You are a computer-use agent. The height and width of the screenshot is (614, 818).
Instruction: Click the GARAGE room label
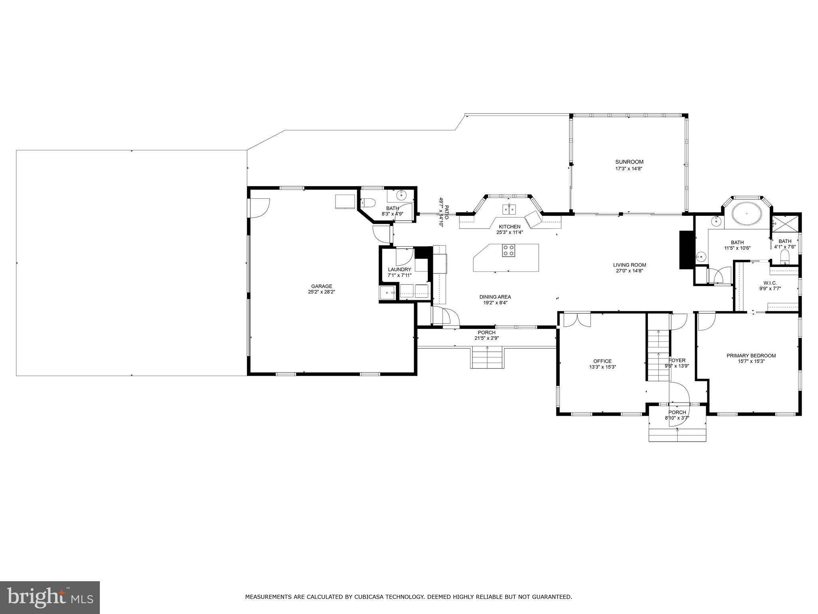322,286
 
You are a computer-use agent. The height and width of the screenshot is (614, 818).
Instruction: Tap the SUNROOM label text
629,162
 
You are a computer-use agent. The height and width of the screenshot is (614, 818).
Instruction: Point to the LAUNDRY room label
399,269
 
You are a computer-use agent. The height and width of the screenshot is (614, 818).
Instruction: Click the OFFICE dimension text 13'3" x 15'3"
602,367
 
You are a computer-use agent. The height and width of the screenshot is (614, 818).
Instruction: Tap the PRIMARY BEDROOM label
751,356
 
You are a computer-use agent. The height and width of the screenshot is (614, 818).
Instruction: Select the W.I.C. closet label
770,283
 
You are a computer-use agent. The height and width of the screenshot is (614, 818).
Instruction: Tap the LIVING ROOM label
629,265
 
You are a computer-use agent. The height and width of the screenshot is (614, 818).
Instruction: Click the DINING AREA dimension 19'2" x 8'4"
495,303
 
